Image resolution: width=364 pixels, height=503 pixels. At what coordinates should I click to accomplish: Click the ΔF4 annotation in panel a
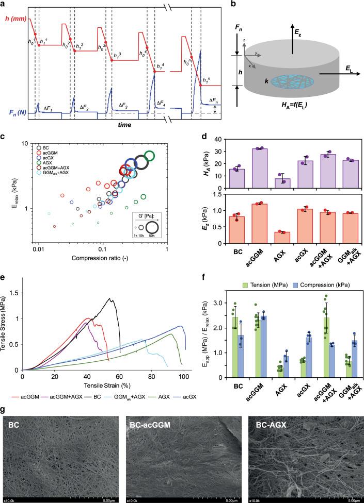[x=162, y=103]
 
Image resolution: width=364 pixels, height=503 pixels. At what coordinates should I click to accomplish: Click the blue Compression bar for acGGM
[x=264, y=346]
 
